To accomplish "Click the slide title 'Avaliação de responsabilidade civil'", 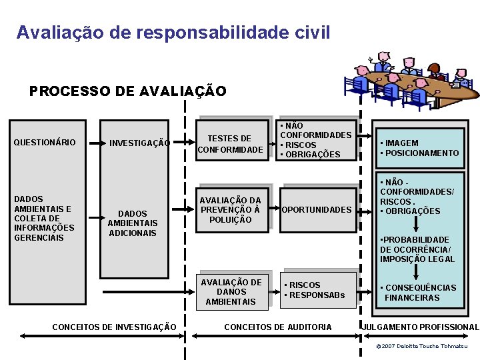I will (x=173, y=32).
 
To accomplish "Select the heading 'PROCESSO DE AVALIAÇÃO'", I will (x=128, y=91).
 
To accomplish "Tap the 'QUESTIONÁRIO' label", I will (x=45, y=143).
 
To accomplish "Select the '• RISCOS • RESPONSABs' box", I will (x=318, y=290).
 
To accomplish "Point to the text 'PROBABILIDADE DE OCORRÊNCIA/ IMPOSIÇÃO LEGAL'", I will (x=417, y=249).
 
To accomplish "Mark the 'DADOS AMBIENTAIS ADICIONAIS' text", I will (x=133, y=223).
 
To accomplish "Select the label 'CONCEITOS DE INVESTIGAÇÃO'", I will (x=114, y=327).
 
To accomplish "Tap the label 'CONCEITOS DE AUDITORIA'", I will (x=278, y=327).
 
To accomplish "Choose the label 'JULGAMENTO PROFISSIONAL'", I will (x=420, y=327).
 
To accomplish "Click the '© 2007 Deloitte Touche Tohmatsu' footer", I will (x=421, y=347).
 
